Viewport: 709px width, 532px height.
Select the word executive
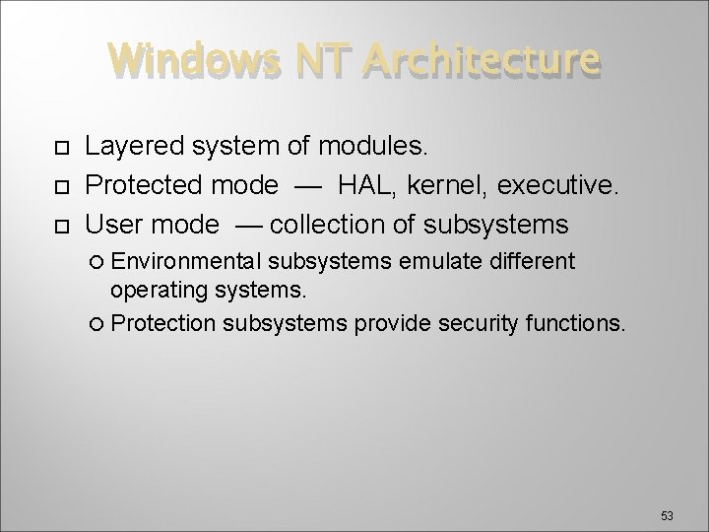pos(564,186)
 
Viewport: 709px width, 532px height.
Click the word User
pos(112,225)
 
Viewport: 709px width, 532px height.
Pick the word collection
pos(329,225)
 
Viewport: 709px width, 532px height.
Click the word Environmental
pos(186,262)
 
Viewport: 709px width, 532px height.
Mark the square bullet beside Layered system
pos(60,149)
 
